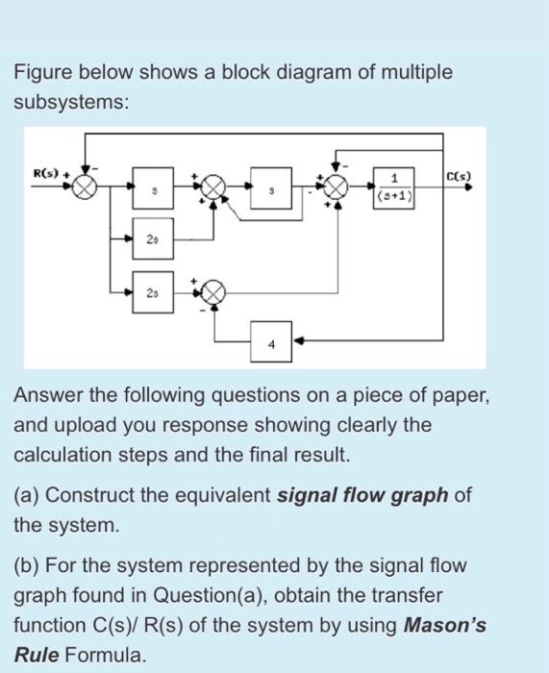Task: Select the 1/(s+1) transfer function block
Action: (396, 187)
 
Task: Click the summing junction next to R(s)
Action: (86, 187)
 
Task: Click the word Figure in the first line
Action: (43, 73)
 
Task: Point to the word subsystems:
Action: (69, 103)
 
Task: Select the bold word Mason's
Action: (446, 626)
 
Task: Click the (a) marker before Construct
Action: (27, 495)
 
